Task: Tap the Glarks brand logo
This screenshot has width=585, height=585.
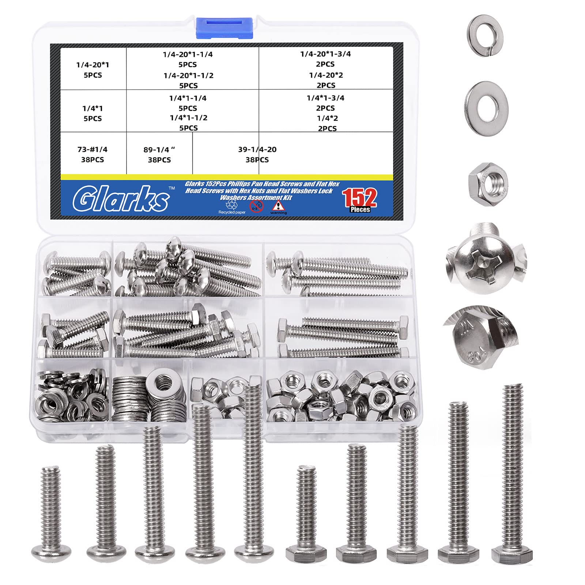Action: (x=121, y=199)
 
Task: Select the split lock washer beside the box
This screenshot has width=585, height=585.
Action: (x=485, y=35)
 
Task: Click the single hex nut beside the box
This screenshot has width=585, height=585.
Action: (x=488, y=182)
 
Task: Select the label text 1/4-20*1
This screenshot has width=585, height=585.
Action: (x=93, y=65)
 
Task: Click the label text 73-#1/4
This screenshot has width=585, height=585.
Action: (x=93, y=150)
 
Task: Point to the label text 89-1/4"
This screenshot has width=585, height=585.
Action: (x=159, y=150)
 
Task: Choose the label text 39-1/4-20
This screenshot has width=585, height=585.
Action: (x=257, y=150)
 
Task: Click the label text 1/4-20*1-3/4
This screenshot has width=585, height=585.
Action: (x=325, y=54)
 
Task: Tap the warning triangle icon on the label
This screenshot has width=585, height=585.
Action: (x=278, y=205)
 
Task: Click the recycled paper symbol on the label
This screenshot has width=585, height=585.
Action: (x=232, y=205)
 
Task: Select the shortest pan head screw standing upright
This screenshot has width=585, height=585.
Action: (x=51, y=512)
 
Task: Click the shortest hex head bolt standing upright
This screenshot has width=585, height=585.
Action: (x=306, y=512)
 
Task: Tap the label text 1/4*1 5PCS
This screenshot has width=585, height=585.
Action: (x=93, y=113)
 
